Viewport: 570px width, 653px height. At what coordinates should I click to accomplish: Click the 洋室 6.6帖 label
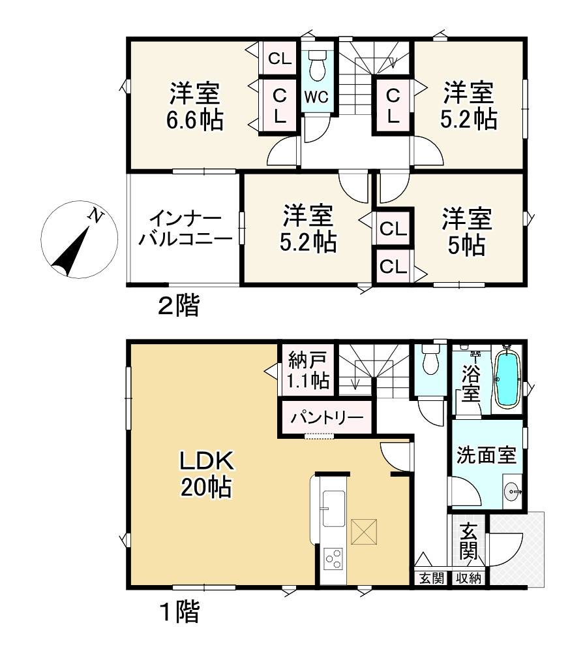click(x=195, y=107)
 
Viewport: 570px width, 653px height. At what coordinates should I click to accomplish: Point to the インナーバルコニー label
click(x=185, y=229)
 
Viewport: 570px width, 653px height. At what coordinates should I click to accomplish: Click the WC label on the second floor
click(x=317, y=97)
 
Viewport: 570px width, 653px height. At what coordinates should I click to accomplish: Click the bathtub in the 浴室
click(x=506, y=379)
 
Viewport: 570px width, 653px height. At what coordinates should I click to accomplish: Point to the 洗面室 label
click(x=486, y=454)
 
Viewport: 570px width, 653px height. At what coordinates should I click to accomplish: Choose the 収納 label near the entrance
click(x=468, y=577)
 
